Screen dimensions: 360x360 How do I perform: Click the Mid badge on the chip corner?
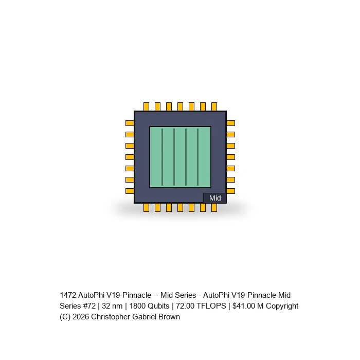tap(215, 198)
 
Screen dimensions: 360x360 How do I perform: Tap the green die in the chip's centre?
tap(180, 157)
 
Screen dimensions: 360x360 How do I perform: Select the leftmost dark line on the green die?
tap(163, 157)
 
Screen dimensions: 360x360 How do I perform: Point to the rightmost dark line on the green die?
tap(197, 157)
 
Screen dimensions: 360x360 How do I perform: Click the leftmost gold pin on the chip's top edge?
tap(146, 107)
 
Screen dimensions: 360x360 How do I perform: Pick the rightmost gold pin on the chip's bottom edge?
tap(214, 208)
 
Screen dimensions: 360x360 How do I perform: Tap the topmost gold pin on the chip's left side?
tap(130, 123)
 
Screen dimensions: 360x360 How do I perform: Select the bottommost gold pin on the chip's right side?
tap(231, 191)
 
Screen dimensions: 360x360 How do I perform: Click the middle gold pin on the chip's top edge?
tap(180, 107)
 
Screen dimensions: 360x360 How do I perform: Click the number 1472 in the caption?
tap(68, 295)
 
